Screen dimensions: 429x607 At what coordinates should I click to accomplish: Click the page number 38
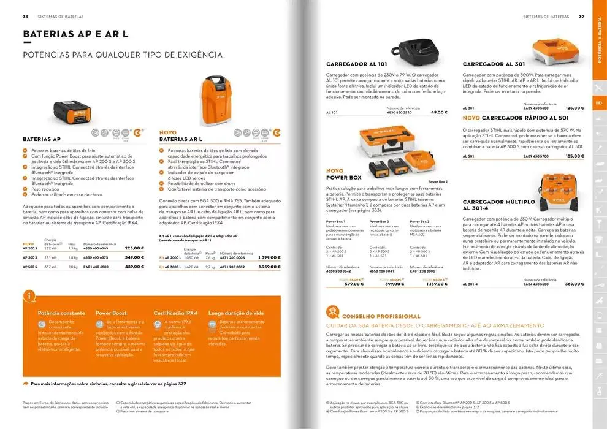[26, 17]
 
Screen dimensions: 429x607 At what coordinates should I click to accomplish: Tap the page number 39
[581, 17]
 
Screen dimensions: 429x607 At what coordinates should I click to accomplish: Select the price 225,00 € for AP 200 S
[134, 248]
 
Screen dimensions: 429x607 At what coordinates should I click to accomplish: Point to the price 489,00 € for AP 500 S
[134, 267]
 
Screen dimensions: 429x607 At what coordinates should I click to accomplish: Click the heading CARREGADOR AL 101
[356, 64]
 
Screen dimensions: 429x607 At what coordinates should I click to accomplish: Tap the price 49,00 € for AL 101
[439, 113]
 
